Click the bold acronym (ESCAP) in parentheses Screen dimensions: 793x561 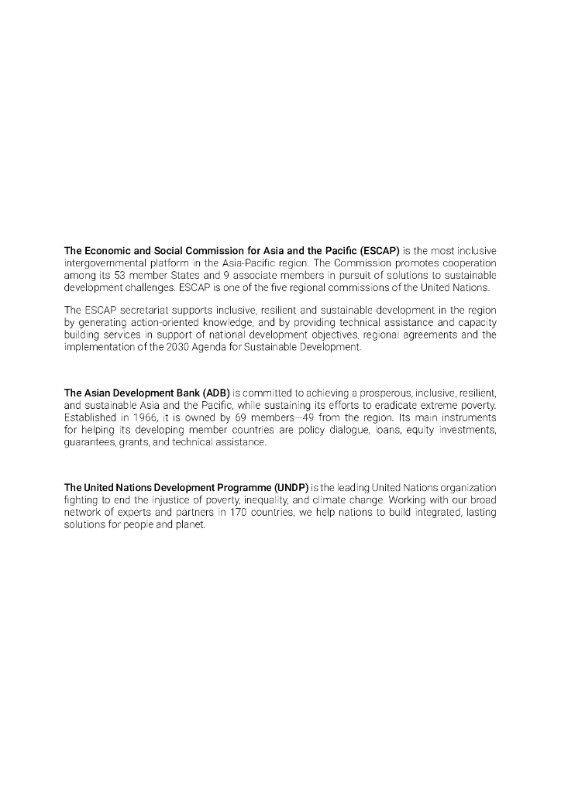374,251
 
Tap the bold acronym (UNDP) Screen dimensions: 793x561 291,488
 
